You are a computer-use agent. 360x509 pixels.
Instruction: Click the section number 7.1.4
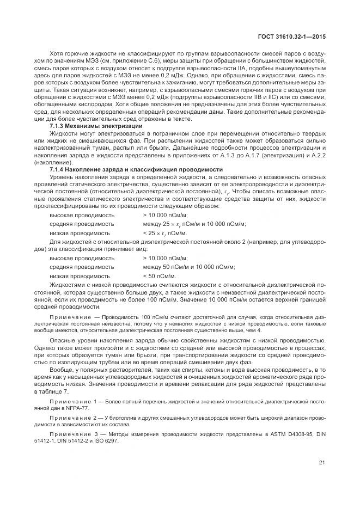[58, 170]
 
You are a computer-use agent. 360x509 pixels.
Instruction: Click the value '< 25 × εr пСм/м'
[164, 232]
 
